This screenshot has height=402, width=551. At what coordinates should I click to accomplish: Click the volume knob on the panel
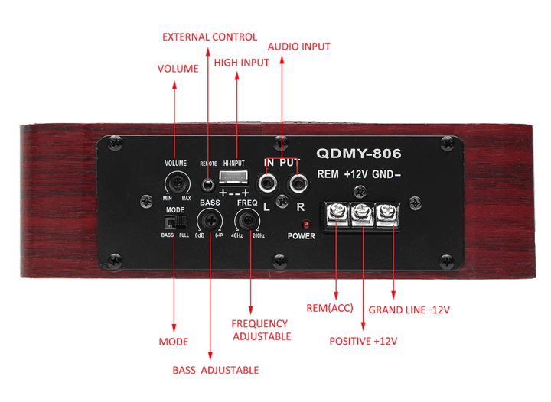(178, 183)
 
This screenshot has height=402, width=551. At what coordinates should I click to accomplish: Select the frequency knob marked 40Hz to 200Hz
(247, 222)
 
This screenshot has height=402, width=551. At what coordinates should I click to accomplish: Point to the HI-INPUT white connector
(235, 179)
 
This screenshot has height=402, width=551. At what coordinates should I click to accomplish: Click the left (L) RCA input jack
(269, 183)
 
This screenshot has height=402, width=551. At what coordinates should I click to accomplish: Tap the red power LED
(306, 225)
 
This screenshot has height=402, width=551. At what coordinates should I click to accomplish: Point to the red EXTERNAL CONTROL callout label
(210, 37)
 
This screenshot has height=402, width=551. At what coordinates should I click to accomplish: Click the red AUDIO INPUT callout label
(298, 47)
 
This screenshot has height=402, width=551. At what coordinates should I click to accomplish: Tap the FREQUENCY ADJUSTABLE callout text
(260, 329)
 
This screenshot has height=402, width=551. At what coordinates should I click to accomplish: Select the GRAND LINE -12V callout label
(409, 310)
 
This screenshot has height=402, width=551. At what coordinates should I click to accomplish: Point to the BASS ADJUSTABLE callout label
(215, 370)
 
